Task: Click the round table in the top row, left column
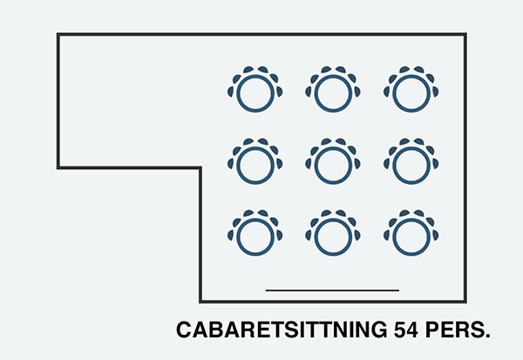pos(255,92)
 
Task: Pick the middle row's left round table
pos(255,163)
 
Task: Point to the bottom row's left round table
pos(255,234)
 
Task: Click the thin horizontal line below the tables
pos(332,289)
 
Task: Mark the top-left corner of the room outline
pos(58,35)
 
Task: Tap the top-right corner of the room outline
pos(465,35)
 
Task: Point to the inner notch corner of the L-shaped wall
pos(200,166)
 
